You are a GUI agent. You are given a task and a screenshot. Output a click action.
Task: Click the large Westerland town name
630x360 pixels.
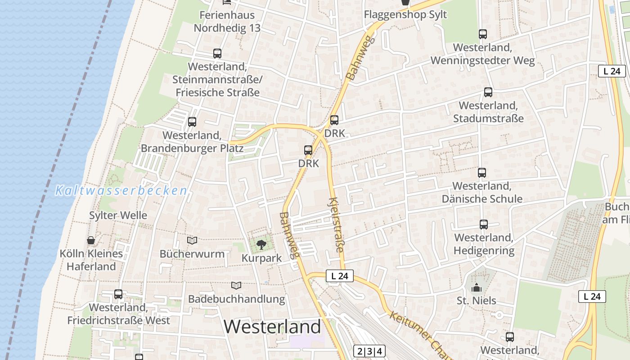[x=272, y=326]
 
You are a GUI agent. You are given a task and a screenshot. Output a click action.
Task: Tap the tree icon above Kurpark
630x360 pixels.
[x=261, y=245]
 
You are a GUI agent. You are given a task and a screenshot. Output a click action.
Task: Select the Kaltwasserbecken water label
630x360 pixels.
[x=121, y=191]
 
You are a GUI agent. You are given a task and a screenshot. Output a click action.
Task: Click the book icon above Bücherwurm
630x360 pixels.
[x=192, y=241]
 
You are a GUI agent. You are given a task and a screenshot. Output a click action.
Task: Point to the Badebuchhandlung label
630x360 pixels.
[x=236, y=299]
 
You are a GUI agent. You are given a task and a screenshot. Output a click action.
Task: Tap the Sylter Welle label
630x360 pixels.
[x=118, y=215]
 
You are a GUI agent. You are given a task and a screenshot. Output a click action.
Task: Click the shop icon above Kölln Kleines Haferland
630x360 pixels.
[x=91, y=241]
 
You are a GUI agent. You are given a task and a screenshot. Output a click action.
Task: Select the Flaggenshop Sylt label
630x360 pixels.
[x=405, y=14]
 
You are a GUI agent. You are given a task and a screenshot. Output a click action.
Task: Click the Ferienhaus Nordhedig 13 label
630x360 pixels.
[x=227, y=21]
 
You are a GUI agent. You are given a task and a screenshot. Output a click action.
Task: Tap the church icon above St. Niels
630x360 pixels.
[x=476, y=288]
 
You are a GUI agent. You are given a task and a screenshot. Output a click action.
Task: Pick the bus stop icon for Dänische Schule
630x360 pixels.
[x=481, y=173]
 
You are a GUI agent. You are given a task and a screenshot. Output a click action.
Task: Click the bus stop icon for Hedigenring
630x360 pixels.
[x=484, y=225]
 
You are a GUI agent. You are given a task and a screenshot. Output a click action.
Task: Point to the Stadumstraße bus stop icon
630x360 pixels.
[x=488, y=92]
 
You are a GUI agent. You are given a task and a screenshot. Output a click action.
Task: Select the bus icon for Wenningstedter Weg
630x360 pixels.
[x=483, y=34]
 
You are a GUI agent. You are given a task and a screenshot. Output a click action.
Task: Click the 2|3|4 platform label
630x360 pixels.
[x=369, y=351]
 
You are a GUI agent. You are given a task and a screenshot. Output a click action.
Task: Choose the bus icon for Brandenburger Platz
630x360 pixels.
[x=192, y=122]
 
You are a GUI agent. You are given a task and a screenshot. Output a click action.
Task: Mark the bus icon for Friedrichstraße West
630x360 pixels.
[x=118, y=294]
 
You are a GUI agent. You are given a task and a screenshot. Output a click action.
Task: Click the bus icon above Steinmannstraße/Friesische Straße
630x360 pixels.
[x=217, y=54]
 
